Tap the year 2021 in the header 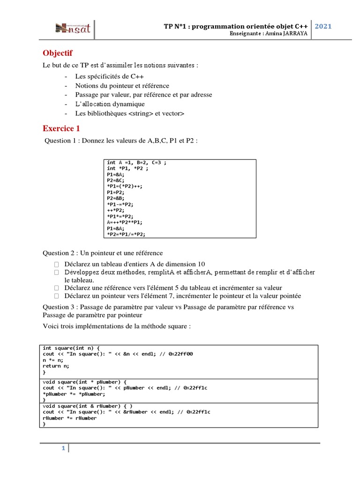[323, 26]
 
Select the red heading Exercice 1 [61, 128]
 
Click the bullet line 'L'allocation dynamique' [110, 104]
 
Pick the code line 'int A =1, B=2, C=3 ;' [136, 163]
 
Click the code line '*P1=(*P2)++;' [124, 186]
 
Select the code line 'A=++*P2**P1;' [125, 222]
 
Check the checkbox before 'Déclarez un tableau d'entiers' [56, 264]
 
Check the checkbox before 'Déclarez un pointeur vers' [56, 296]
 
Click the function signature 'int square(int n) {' [71, 348]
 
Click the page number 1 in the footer [63, 449]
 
